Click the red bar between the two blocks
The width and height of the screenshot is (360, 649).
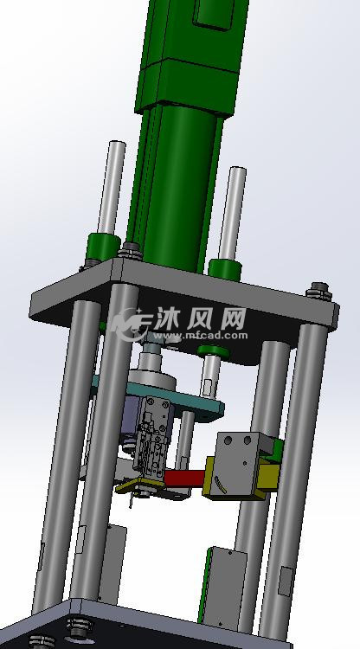(x=183, y=479)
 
